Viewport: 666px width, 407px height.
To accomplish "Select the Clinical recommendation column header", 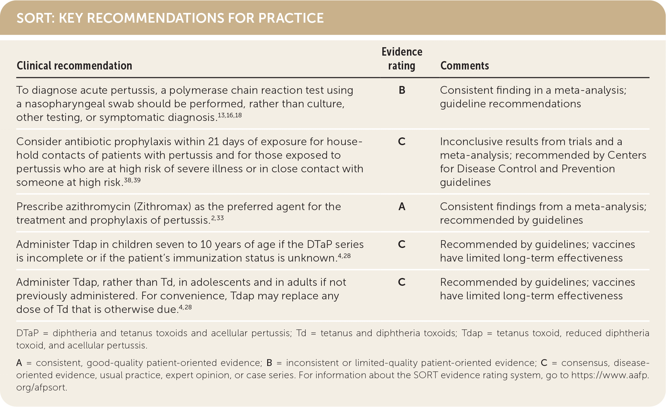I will (x=74, y=66).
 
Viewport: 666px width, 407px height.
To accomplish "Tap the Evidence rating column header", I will (x=402, y=59).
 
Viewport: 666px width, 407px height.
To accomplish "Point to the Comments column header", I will (x=464, y=66).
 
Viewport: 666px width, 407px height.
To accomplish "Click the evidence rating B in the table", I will (x=402, y=90).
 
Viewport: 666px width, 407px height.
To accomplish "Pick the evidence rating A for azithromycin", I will (x=402, y=207).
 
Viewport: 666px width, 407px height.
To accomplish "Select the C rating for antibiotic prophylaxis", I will (x=402, y=142).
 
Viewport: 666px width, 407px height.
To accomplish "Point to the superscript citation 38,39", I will (x=132, y=180).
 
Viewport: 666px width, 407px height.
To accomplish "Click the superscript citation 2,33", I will (x=217, y=218).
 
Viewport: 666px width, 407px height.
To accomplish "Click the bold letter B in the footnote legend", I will (x=269, y=363).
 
